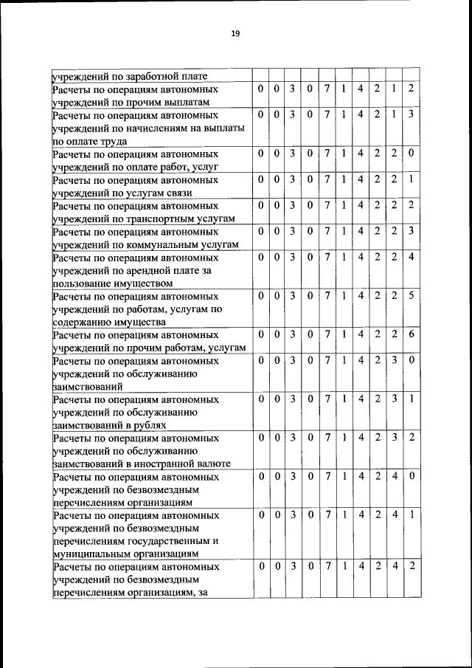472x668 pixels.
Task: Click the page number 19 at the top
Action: (x=236, y=33)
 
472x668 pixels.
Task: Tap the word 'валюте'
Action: (x=212, y=464)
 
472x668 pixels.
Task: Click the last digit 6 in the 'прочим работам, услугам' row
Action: (x=412, y=335)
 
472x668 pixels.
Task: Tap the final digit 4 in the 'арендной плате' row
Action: (x=412, y=258)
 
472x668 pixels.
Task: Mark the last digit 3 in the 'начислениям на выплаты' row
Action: (x=412, y=114)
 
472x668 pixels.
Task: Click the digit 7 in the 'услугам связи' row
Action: (x=327, y=179)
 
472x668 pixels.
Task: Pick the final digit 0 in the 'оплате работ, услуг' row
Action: (x=412, y=154)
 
